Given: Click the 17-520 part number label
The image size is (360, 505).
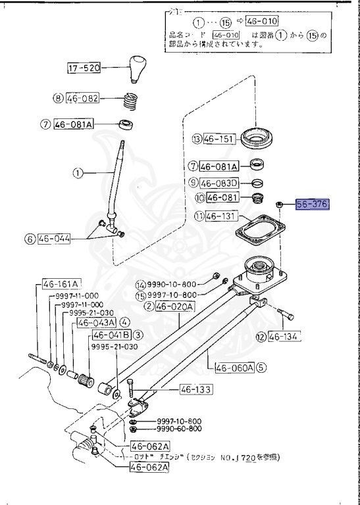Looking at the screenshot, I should pos(84,67).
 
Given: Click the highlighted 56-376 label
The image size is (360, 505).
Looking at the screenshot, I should pos(311,204).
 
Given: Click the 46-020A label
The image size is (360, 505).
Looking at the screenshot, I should pos(175,306).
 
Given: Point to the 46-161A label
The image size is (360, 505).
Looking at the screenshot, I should pos(61,284).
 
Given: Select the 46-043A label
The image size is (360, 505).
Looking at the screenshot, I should pos(96,323).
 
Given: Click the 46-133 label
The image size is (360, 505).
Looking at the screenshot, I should pos(195,390).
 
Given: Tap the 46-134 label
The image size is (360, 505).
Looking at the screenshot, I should pos(284,337).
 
